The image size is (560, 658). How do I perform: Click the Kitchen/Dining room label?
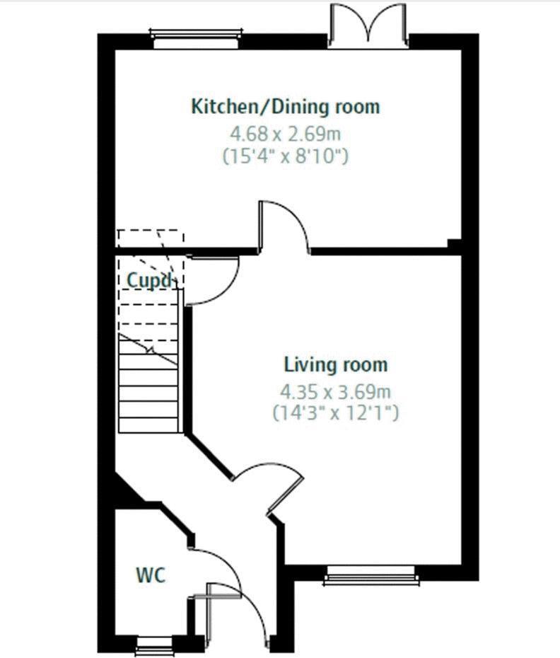[286, 107]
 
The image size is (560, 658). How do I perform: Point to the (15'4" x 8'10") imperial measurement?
[286, 156]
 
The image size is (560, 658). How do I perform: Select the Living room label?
[336, 366]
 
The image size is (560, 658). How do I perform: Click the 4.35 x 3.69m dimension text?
[336, 391]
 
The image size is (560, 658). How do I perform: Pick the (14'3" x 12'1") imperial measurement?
[336, 413]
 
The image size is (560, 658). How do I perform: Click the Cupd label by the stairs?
[148, 280]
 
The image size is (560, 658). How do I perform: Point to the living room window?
[371, 575]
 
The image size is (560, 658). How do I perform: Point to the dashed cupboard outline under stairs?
[150, 241]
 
